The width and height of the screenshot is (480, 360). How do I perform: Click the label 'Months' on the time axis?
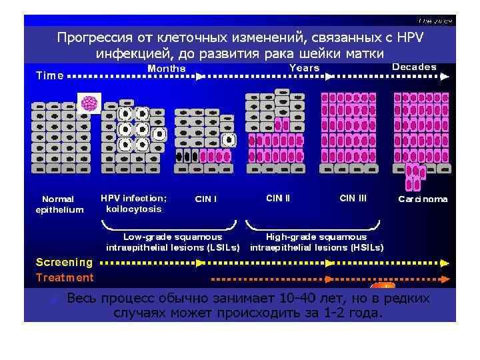pyautogui.click(x=166, y=68)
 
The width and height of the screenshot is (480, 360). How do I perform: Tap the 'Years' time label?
pyautogui.click(x=305, y=68)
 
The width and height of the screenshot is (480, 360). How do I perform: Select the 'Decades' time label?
pyautogui.click(x=414, y=67)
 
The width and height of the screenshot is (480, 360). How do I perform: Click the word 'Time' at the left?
pyautogui.click(x=50, y=75)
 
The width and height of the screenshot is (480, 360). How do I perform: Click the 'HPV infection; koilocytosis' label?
pyautogui.click(x=134, y=203)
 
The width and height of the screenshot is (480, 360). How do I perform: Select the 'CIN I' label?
pyautogui.click(x=206, y=199)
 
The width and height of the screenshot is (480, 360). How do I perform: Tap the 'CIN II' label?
pyautogui.click(x=278, y=198)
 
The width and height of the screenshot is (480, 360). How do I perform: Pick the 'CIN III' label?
pyautogui.click(x=353, y=198)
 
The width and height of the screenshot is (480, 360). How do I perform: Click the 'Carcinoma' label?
pyautogui.click(x=423, y=199)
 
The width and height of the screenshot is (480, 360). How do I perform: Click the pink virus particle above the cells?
pyautogui.click(x=89, y=104)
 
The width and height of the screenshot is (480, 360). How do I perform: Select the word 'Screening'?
pyautogui.click(x=64, y=263)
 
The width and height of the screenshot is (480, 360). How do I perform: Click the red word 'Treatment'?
pyautogui.click(x=64, y=277)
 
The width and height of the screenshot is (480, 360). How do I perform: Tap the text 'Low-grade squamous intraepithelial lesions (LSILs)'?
pyautogui.click(x=173, y=242)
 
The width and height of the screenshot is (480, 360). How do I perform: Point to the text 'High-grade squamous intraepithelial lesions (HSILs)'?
pyautogui.click(x=316, y=242)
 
